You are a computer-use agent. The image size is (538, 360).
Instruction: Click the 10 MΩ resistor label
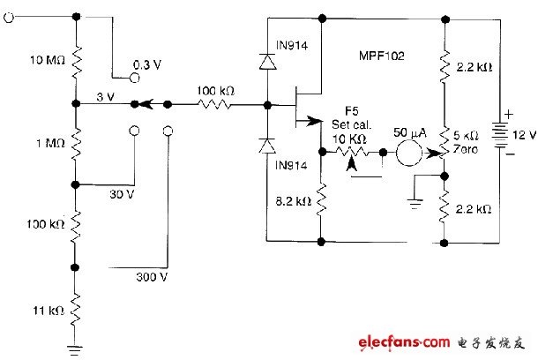click(x=48, y=60)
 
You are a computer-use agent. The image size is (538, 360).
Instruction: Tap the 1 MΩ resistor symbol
click(x=76, y=144)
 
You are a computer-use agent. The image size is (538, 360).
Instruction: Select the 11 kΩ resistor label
click(x=49, y=311)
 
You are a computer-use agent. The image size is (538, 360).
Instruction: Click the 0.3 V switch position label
click(x=147, y=65)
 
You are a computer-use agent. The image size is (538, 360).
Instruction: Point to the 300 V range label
click(x=152, y=276)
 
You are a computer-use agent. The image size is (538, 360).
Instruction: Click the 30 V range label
click(x=122, y=194)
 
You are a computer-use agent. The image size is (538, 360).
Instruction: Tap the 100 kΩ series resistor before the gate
click(x=215, y=104)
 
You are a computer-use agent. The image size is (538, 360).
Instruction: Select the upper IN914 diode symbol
click(x=267, y=62)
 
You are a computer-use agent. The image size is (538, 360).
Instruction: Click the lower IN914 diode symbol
click(x=267, y=146)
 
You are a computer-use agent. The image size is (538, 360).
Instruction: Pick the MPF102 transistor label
click(x=382, y=56)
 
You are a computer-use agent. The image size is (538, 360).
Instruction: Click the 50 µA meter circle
click(x=409, y=153)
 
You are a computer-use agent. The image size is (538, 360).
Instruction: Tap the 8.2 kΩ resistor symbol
click(x=321, y=200)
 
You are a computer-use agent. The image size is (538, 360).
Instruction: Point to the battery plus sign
click(x=509, y=114)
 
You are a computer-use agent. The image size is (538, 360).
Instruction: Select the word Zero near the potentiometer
click(x=466, y=149)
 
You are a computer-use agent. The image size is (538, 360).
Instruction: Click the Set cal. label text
click(x=352, y=124)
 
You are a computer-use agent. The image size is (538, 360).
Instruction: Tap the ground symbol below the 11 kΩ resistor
click(x=75, y=350)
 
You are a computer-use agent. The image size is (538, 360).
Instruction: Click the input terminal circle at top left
click(x=9, y=17)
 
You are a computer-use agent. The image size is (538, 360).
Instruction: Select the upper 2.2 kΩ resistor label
click(x=474, y=67)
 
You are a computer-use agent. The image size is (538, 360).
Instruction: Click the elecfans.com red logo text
click(x=404, y=342)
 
